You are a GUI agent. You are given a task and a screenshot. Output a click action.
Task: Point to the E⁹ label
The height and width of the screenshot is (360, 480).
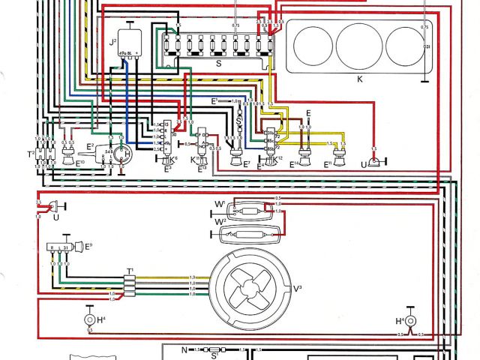(88, 244)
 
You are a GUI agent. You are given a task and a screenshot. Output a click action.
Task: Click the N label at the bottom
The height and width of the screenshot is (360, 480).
(183, 349)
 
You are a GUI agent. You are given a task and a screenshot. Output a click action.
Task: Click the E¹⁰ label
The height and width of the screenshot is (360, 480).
(80, 161)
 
